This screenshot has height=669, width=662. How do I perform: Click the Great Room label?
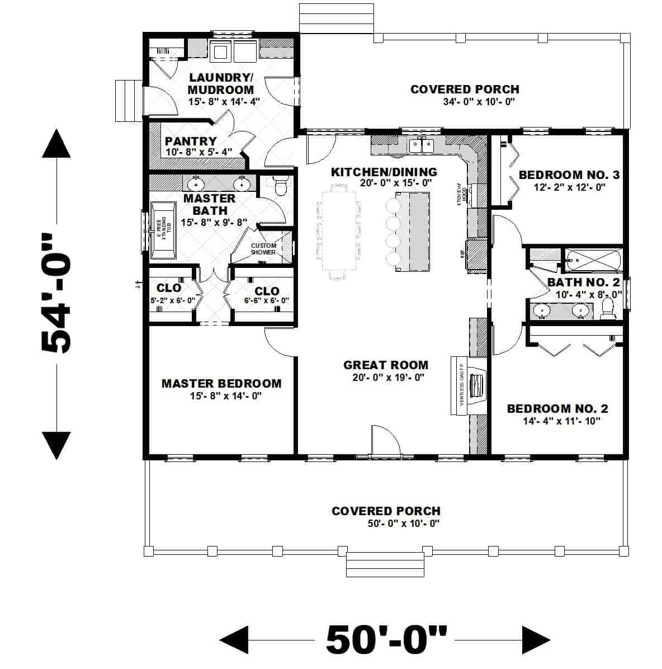coord(386,365)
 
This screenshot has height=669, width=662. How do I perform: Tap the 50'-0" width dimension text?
coord(386,639)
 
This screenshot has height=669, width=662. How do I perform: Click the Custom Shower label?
coord(263,249)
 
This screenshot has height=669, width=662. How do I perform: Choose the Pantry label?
coord(191,142)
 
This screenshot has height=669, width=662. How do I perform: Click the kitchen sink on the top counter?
coord(422,146)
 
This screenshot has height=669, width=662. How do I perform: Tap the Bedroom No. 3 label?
coord(569,175)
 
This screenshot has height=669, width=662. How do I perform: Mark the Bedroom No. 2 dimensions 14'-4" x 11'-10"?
coord(557,421)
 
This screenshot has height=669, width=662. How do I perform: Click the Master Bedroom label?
coord(221,384)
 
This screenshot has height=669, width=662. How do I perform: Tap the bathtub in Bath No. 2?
coord(592,260)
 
